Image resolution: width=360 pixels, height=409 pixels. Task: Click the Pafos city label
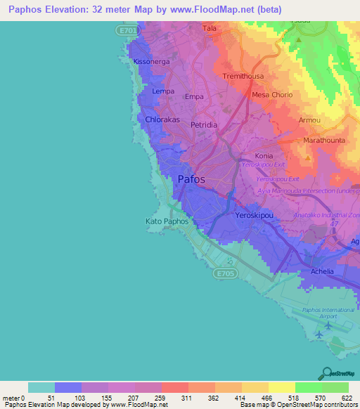point(191,179)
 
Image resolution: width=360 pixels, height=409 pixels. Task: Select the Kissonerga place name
point(151,62)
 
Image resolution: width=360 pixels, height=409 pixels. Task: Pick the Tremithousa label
point(243,76)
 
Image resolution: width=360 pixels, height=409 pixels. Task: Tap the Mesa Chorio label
point(271,95)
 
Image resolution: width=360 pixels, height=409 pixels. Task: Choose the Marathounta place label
point(323,141)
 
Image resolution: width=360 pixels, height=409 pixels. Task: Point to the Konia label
point(264,156)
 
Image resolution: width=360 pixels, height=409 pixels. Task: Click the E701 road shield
point(124,31)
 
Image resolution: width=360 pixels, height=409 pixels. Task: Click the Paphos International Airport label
point(320,313)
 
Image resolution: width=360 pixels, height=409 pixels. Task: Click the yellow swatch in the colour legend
point(281,387)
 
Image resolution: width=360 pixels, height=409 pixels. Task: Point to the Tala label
point(209,28)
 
